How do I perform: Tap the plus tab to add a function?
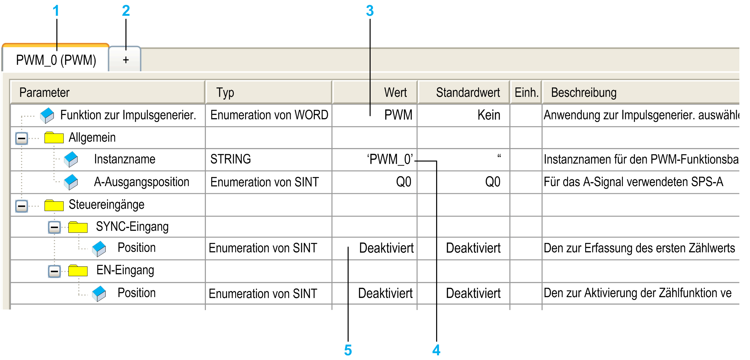[125, 59]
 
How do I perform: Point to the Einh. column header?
[526, 93]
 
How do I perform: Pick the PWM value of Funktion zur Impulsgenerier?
[398, 115]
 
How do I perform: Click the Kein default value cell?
[489, 115]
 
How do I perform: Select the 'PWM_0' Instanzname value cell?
[390, 159]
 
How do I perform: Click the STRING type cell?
[231, 159]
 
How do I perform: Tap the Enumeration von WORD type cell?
[269, 115]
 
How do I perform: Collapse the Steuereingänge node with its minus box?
[22, 206]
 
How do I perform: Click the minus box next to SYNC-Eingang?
[55, 227]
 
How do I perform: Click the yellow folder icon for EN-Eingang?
[78, 270]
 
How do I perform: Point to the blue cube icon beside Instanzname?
[71, 159]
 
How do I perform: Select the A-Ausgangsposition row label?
[142, 182]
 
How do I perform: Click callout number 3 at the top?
[370, 11]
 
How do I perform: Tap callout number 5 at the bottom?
[348, 350]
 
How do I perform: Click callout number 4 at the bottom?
[436, 350]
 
